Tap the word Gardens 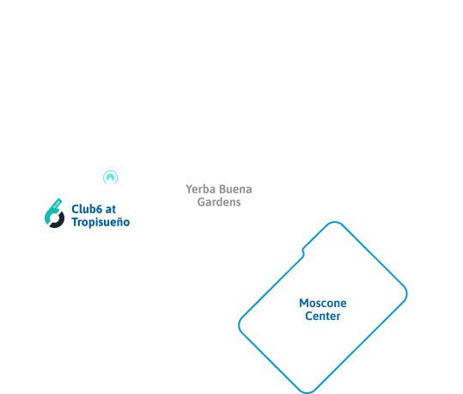[x=216, y=202]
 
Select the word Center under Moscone [x=323, y=317]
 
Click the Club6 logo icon [x=54, y=213]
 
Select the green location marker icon [x=110, y=178]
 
